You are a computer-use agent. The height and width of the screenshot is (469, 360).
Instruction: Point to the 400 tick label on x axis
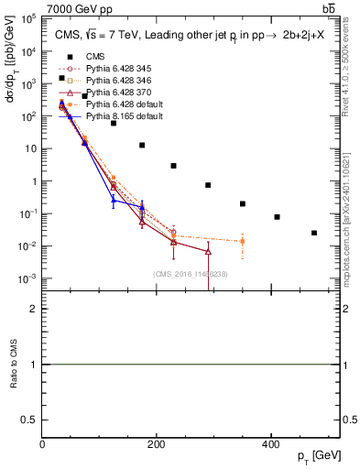click(x=270, y=444)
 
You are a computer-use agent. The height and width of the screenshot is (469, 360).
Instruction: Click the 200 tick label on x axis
click(x=157, y=444)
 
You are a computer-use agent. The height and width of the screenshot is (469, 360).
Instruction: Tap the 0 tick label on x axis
click(x=43, y=444)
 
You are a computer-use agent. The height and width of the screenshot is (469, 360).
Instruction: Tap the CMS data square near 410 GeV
click(x=277, y=217)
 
